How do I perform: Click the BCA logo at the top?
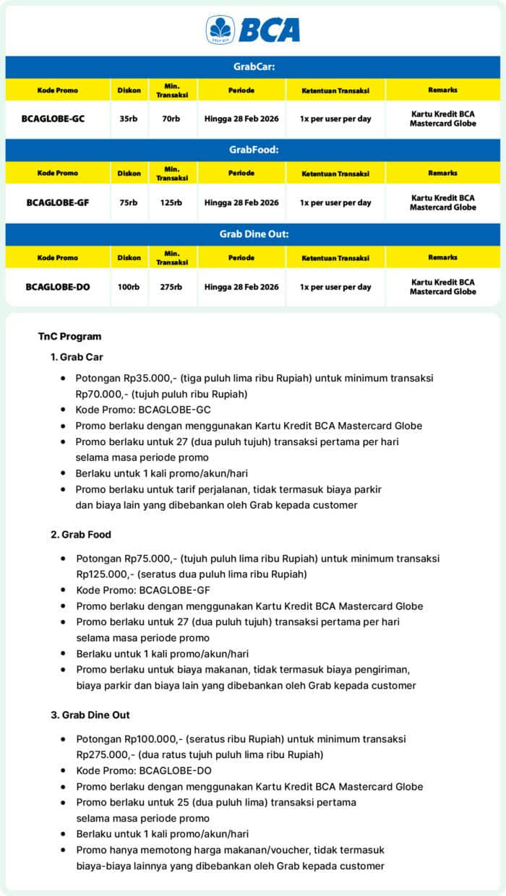point(253,30)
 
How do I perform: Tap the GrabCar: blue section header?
point(253,66)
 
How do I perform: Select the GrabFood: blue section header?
point(253,150)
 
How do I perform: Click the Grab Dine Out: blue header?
point(253,234)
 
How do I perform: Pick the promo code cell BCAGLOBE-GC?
point(58,119)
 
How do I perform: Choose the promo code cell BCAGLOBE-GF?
point(58,202)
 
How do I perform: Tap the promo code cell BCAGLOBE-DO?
point(58,287)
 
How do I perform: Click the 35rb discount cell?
point(129,119)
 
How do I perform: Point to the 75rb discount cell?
point(129,202)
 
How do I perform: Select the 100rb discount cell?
point(129,287)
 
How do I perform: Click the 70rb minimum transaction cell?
point(171,119)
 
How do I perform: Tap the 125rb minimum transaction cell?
point(171,202)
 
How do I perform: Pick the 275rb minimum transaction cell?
point(171,287)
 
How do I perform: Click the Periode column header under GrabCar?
point(241,90)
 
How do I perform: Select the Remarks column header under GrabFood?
point(442,173)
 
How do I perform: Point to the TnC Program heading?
point(69,336)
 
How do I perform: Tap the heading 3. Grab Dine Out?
point(90,715)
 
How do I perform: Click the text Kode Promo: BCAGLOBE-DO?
point(144,770)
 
